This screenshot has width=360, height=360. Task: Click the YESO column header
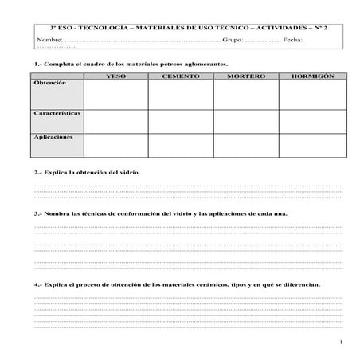click(x=115, y=76)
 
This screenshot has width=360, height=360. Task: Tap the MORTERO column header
click(x=245, y=76)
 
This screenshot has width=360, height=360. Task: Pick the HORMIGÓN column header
click(x=312, y=76)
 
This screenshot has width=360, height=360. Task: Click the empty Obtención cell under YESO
click(x=115, y=94)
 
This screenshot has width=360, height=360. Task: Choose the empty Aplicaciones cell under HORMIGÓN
click(x=312, y=145)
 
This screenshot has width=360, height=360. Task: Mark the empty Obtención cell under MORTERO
click(x=245, y=94)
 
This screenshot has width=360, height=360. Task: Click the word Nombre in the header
click(x=49, y=38)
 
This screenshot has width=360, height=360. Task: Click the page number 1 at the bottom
click(x=340, y=342)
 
